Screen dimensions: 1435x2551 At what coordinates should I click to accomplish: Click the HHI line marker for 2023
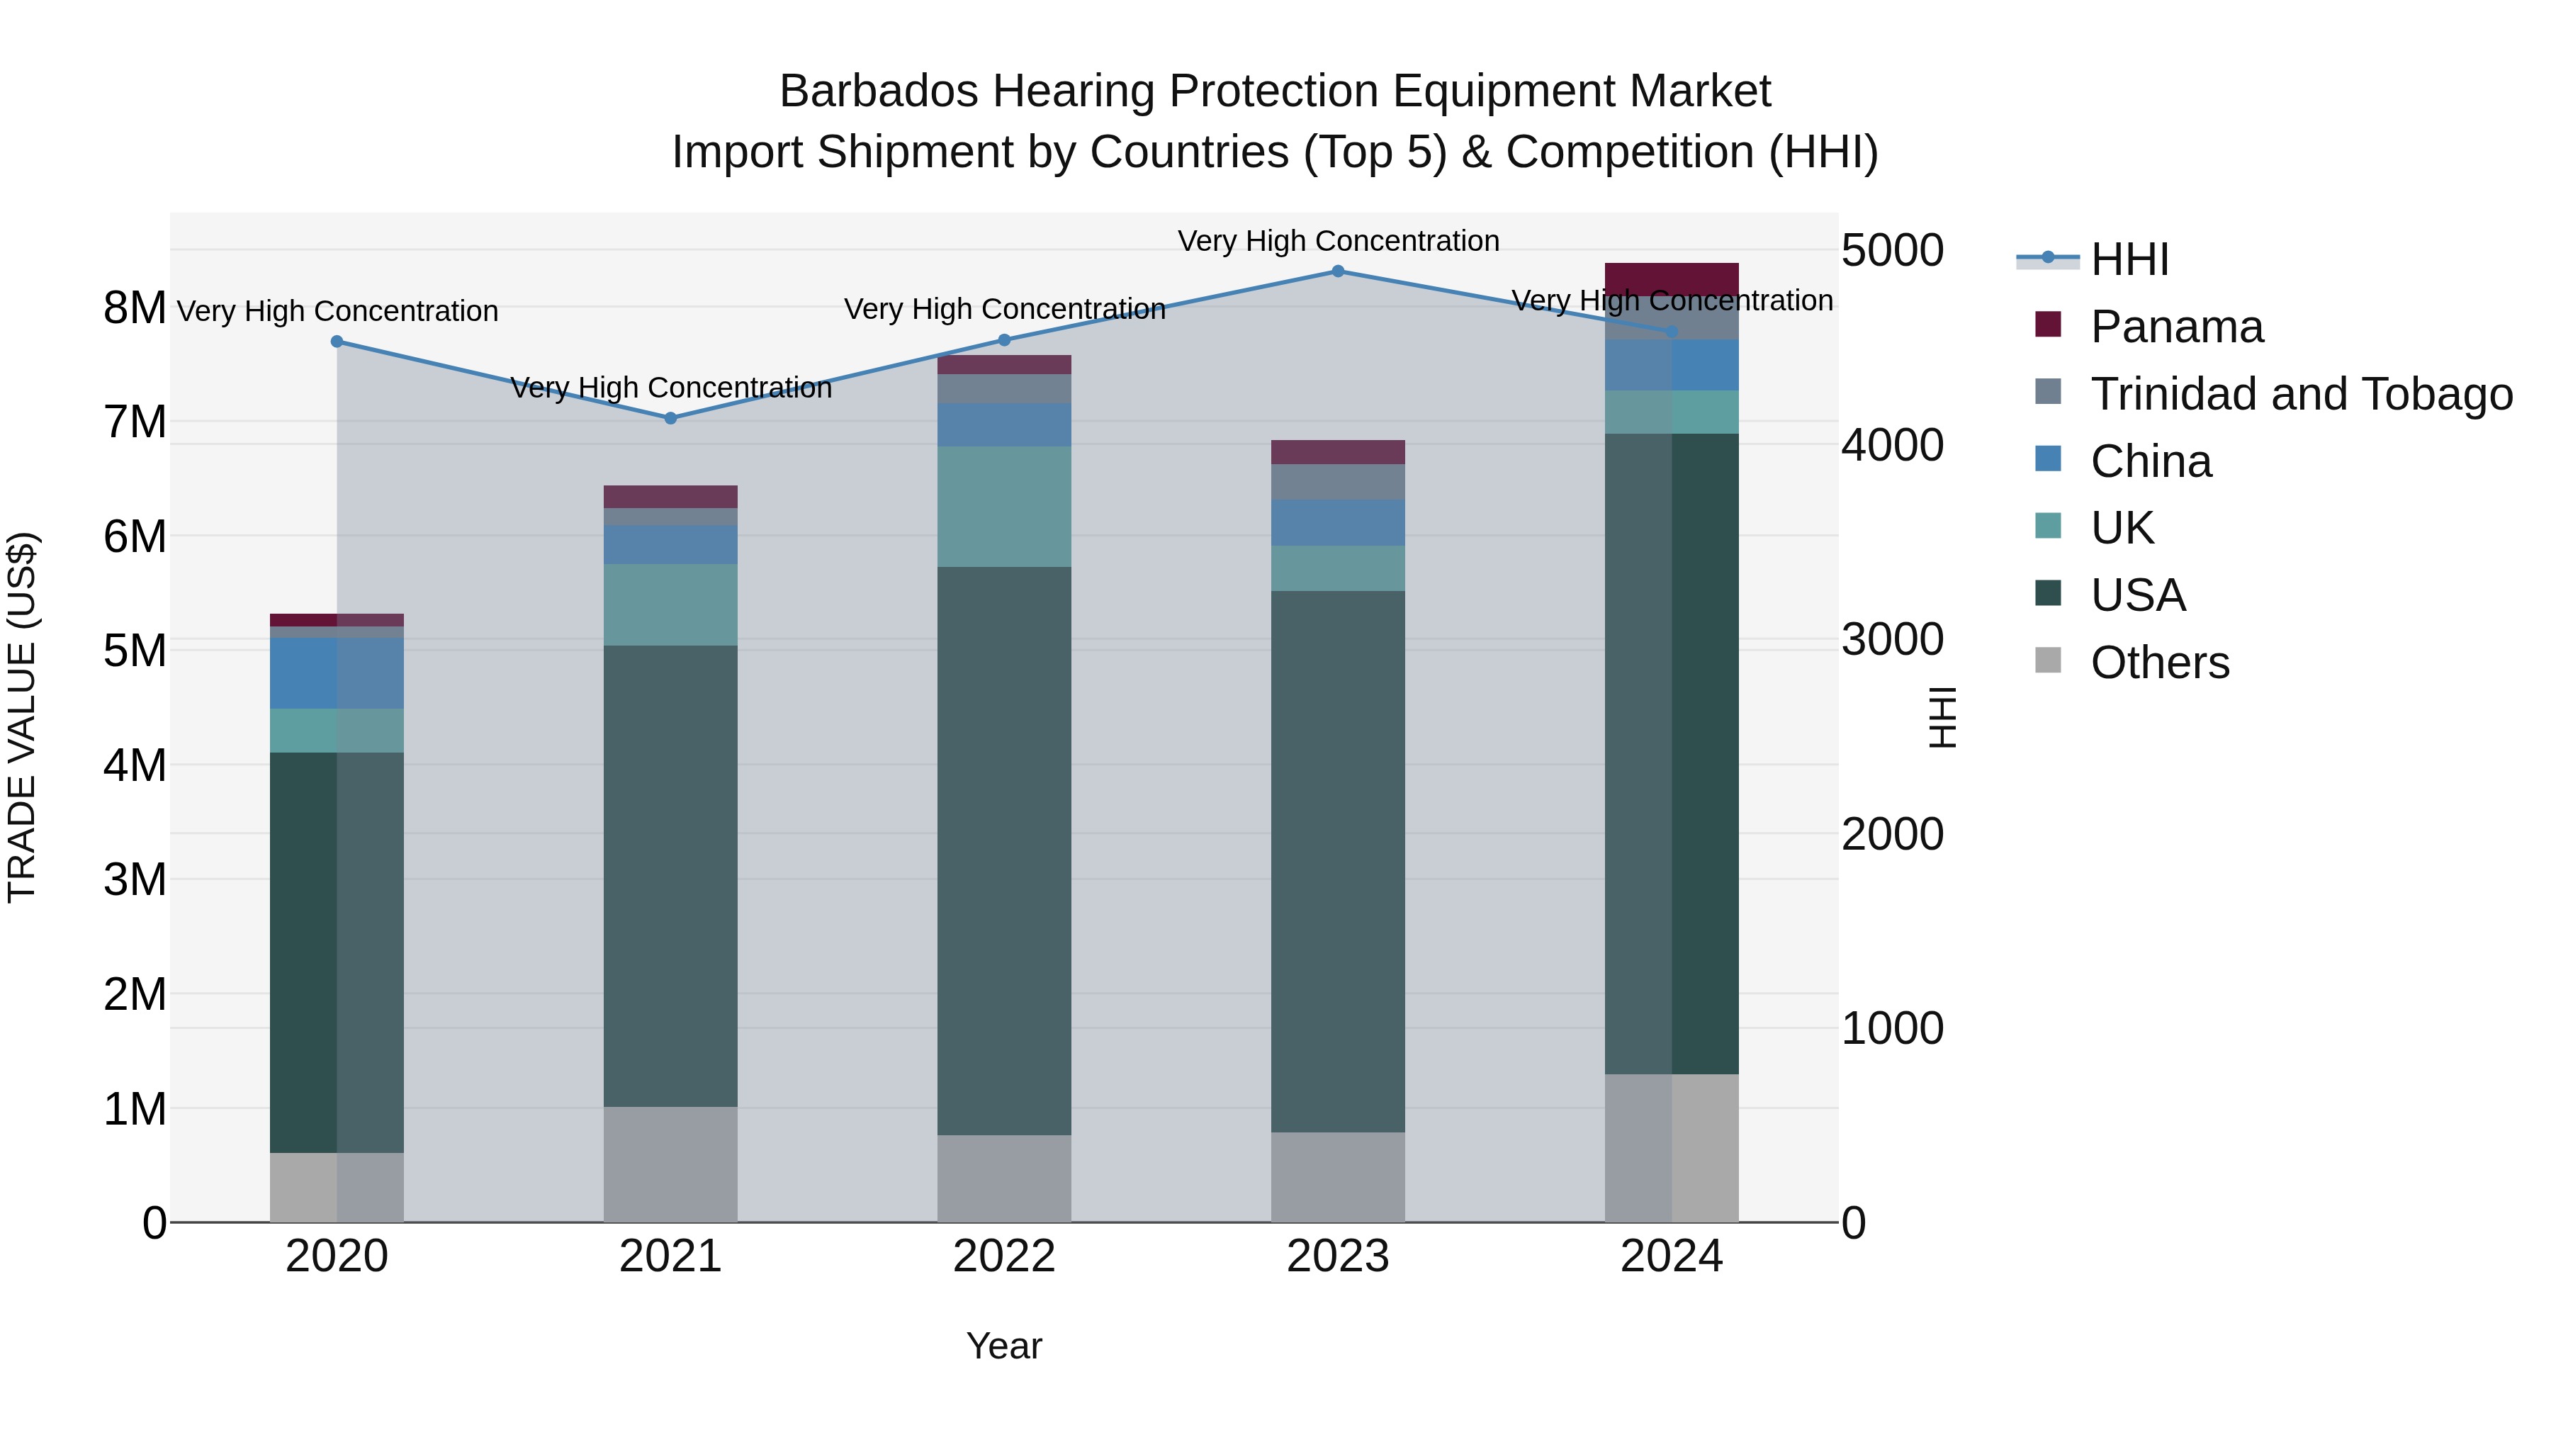pyautogui.click(x=1338, y=271)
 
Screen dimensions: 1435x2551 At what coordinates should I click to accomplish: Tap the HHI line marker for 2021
pyautogui.click(x=670, y=418)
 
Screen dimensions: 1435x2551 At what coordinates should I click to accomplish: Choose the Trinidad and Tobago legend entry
pyautogui.click(x=2300, y=394)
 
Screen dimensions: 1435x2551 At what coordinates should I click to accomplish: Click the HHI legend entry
pyautogui.click(x=2129, y=259)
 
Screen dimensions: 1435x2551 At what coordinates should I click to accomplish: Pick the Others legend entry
pyautogui.click(x=2159, y=663)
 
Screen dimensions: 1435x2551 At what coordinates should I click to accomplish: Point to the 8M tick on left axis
pyautogui.click(x=135, y=308)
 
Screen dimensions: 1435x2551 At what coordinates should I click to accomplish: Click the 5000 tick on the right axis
pyautogui.click(x=1891, y=251)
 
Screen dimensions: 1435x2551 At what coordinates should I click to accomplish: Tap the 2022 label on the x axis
pyautogui.click(x=1004, y=1256)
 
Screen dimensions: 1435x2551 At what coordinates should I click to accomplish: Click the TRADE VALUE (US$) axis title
pyautogui.click(x=22, y=717)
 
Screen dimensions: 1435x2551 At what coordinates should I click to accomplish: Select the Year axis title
pyautogui.click(x=1004, y=1346)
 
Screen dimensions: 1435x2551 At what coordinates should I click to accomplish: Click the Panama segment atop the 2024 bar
pyautogui.click(x=1672, y=279)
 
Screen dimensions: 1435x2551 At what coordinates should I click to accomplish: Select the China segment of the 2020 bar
pyautogui.click(x=337, y=673)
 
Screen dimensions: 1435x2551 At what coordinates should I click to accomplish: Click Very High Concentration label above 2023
pyautogui.click(x=1338, y=241)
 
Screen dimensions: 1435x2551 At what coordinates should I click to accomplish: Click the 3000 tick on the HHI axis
pyautogui.click(x=1891, y=640)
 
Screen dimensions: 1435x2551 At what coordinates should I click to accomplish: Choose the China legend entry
pyautogui.click(x=2150, y=461)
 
